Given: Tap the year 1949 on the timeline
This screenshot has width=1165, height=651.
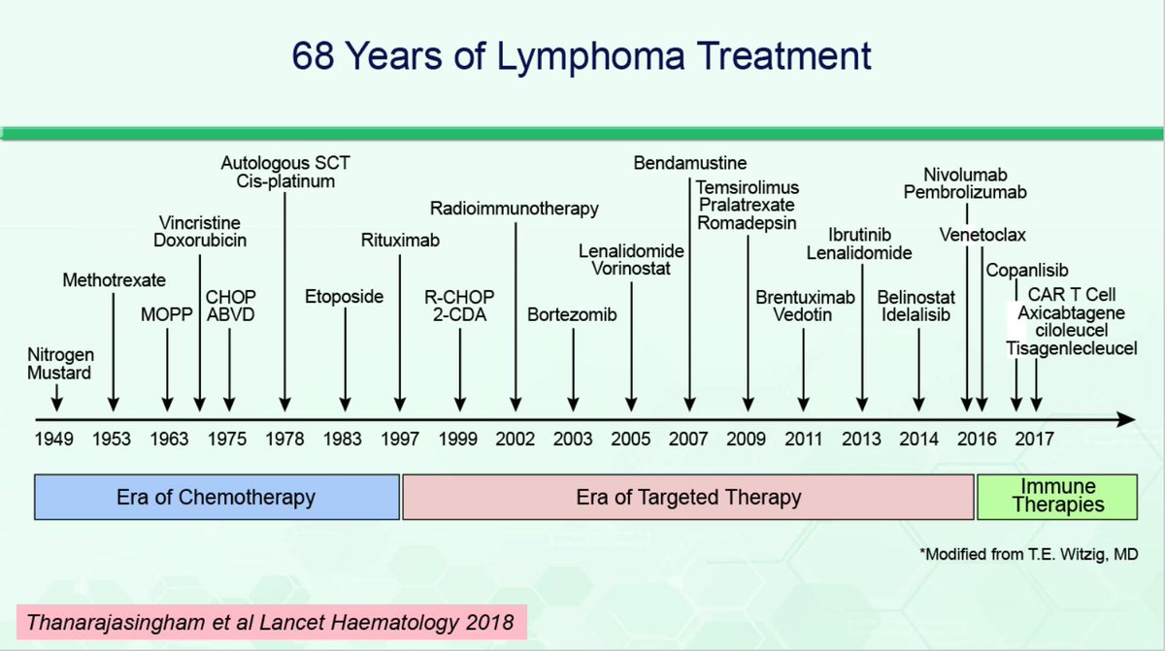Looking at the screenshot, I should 54,439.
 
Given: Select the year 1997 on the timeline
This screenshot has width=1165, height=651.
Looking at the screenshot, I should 400,439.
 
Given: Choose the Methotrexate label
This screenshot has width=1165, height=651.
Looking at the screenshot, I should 114,281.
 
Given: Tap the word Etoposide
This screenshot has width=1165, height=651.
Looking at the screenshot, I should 344,297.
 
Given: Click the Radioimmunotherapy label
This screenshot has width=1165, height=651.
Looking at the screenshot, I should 515,209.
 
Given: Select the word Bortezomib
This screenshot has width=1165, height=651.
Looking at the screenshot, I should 573,314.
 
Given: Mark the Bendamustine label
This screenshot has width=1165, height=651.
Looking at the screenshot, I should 690,163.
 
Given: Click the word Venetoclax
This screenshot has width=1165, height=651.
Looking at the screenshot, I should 982,236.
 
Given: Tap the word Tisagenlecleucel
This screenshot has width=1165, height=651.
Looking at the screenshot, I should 1071,348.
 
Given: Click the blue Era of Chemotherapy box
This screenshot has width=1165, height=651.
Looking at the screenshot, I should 217,498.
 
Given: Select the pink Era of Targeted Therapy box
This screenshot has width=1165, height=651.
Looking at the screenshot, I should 688,498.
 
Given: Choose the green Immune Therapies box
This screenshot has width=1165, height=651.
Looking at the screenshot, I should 1056,497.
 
